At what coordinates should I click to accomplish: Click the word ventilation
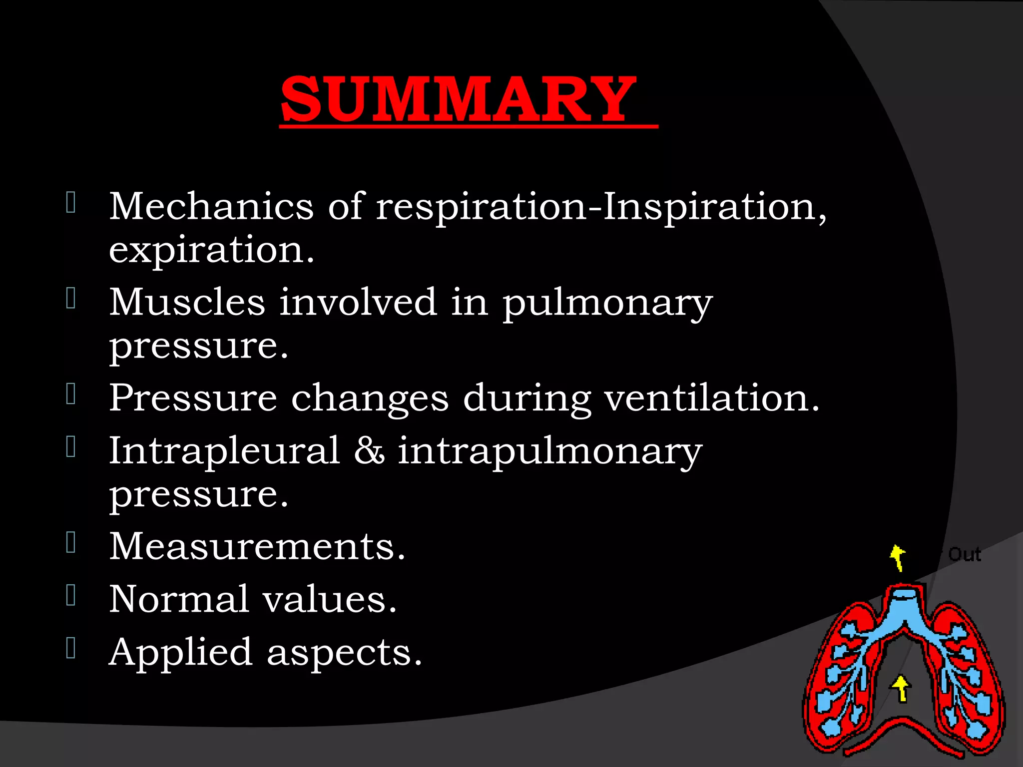coord(711,398)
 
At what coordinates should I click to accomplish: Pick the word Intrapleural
coord(224,450)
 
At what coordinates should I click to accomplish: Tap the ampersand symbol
coord(369,450)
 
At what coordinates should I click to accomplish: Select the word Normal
coord(178,599)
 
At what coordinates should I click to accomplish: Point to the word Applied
coord(180,653)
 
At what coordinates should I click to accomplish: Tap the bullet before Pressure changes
coord(71,394)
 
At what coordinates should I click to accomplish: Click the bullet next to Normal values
coord(71,595)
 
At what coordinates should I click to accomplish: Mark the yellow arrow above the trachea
coord(898,557)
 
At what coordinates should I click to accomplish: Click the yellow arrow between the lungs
coord(901,689)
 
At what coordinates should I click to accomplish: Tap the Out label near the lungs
coord(965,554)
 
